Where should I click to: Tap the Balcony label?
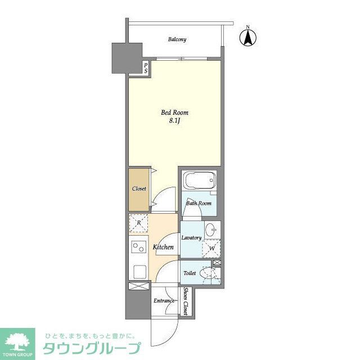177,39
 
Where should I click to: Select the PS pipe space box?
146,69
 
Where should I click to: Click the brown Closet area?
139,188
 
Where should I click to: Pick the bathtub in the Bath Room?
199,182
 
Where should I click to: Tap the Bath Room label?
199,203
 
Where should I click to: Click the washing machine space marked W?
212,247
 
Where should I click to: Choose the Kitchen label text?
163,247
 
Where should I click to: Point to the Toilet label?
190,273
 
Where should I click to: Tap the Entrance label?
164,301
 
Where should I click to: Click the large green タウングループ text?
90,348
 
